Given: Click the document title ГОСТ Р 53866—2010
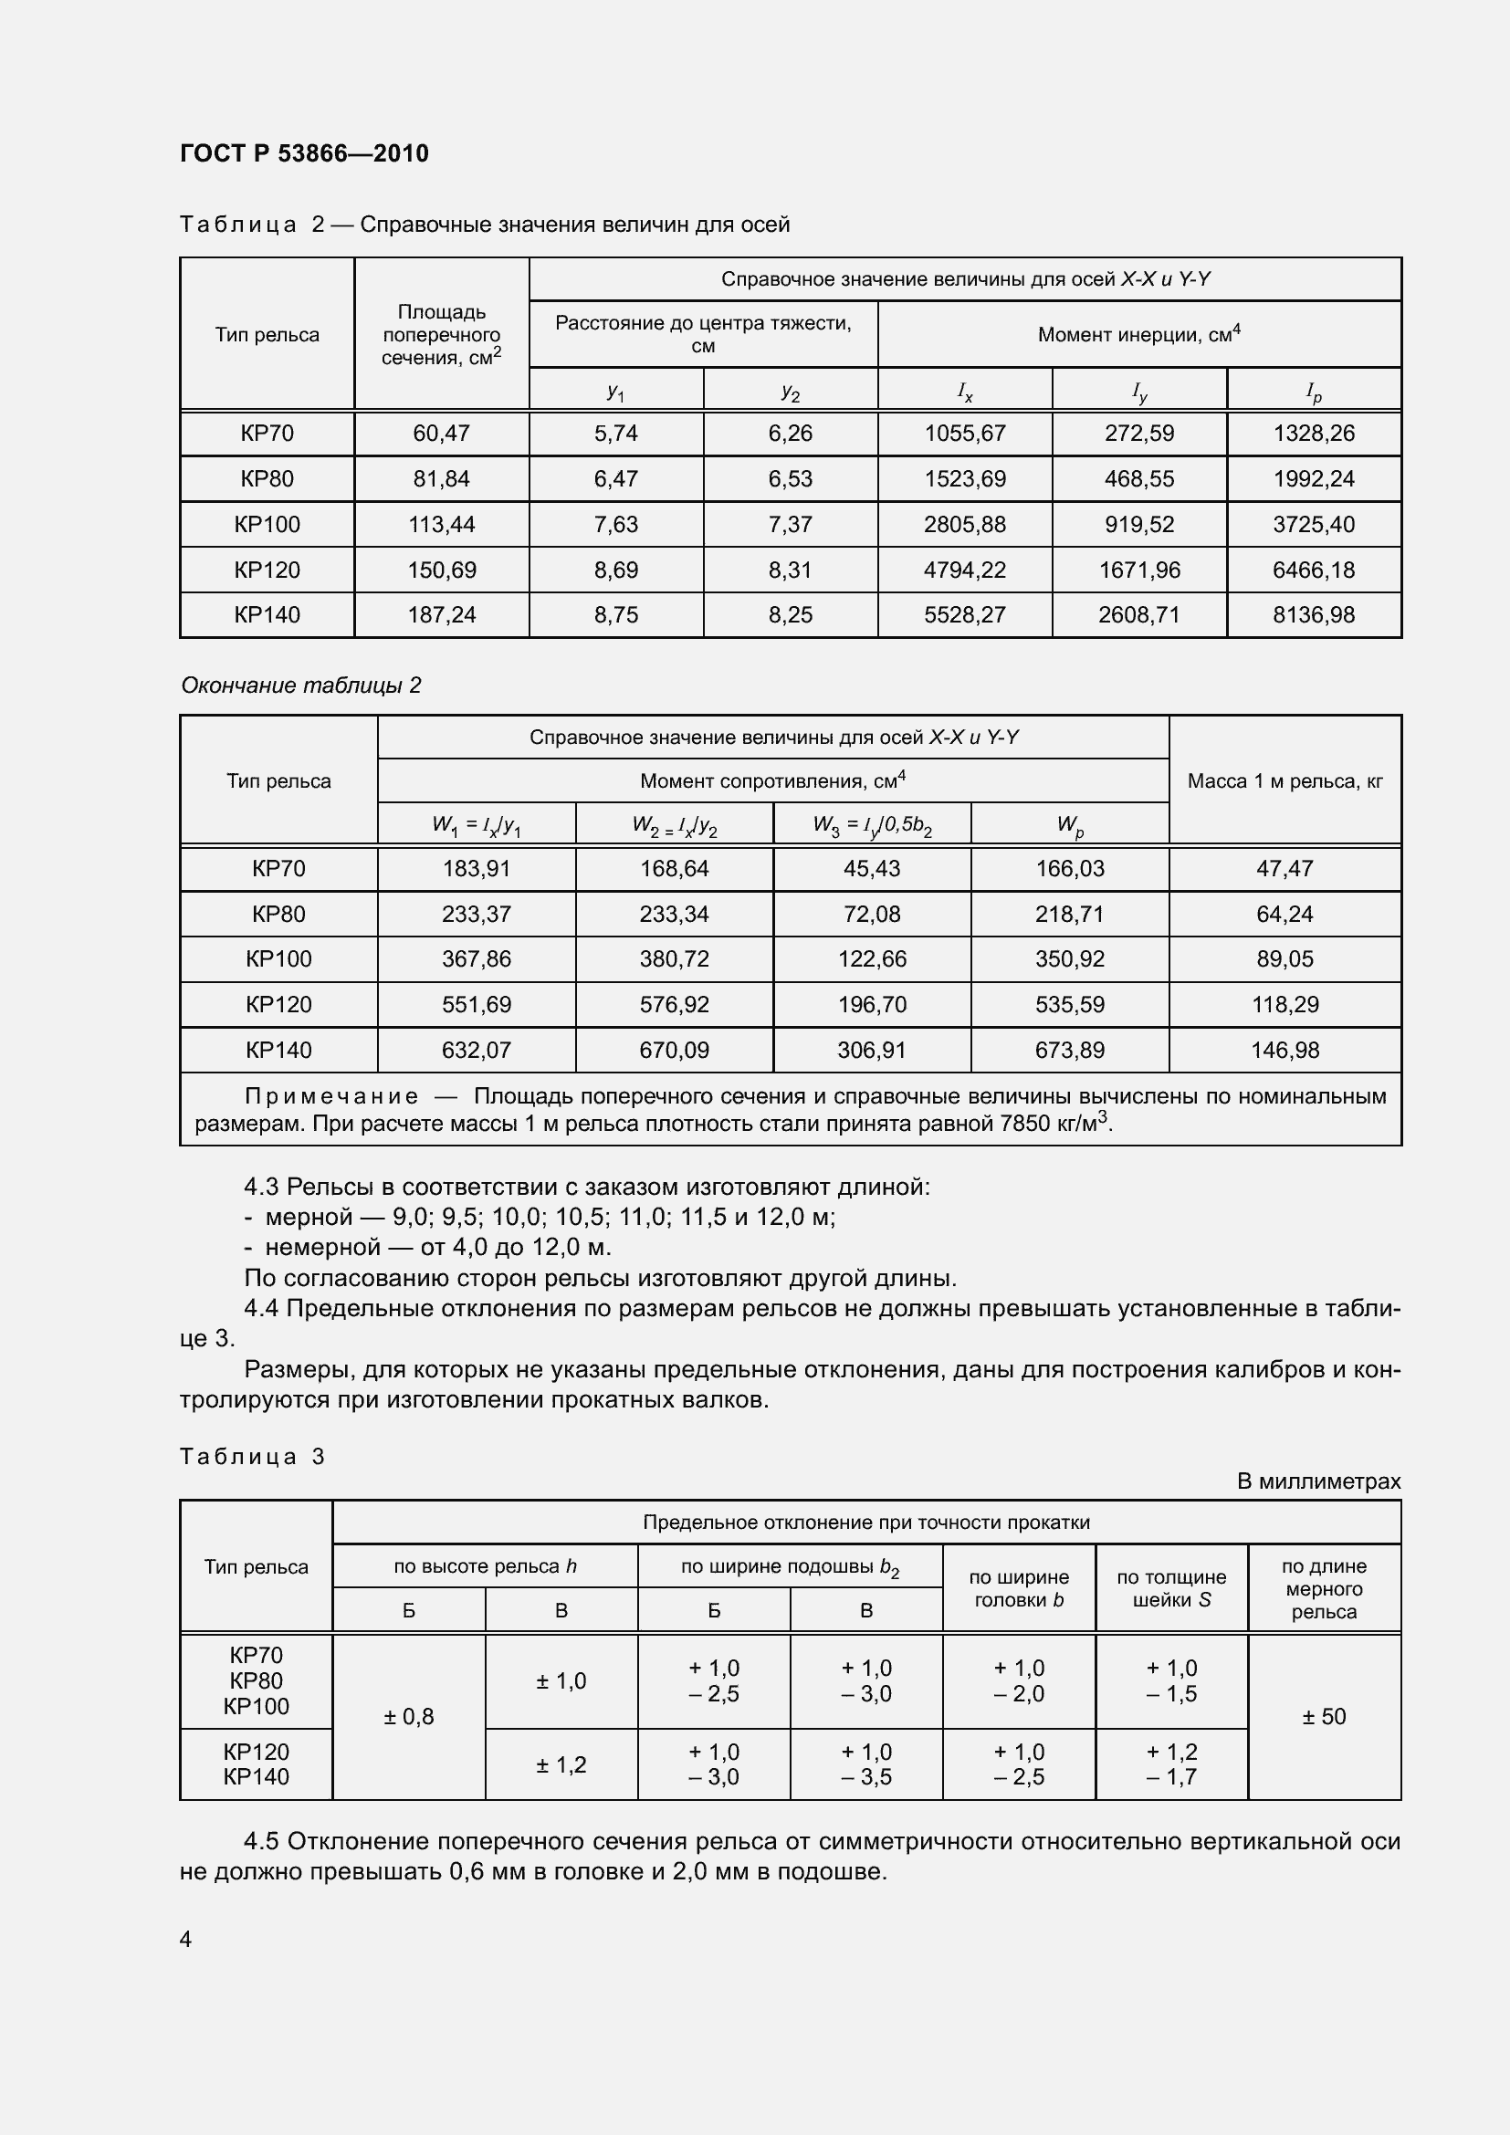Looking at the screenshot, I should (304, 153).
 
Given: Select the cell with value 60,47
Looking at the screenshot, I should (442, 434).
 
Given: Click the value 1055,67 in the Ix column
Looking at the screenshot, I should (964, 434).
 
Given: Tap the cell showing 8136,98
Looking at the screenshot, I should (1313, 614).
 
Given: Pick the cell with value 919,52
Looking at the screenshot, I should (1139, 525).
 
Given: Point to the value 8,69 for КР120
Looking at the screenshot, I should (615, 570).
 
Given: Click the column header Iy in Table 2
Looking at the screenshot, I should (1139, 392).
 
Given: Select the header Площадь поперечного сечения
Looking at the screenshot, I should (442, 335).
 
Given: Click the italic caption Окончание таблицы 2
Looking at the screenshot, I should (300, 686).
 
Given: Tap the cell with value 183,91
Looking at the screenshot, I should (476, 868).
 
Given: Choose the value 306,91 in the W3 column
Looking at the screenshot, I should (871, 1050).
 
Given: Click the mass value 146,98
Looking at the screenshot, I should (1285, 1050).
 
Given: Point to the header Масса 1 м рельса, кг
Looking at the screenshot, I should (1285, 781).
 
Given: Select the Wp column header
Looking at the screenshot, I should (1069, 825).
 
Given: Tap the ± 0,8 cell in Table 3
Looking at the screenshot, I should (408, 1717).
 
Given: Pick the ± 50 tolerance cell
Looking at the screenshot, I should (1323, 1717).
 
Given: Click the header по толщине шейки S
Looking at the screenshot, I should (1170, 1588).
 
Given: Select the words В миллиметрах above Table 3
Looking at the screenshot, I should (1317, 1481).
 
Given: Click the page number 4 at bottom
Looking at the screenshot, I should (186, 1939).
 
